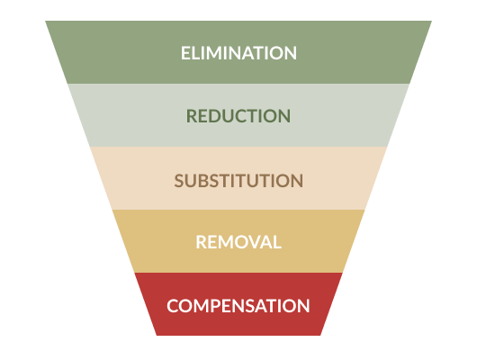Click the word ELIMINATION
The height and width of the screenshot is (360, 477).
(x=238, y=53)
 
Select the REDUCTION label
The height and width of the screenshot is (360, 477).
(x=238, y=116)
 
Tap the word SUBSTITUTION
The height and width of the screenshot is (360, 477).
(x=238, y=181)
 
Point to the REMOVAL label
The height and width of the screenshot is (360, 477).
(x=238, y=242)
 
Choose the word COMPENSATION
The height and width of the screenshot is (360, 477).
(x=238, y=305)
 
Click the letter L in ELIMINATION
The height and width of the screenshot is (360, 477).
(x=195, y=53)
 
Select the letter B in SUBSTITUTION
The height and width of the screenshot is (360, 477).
(x=202, y=181)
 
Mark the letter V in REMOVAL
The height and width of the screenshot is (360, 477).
(x=256, y=242)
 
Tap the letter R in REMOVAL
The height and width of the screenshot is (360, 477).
(x=202, y=242)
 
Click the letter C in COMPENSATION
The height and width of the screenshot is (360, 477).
(x=173, y=305)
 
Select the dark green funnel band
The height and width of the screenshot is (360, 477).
(x=238, y=52)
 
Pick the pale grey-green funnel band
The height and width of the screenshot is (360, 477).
(x=238, y=115)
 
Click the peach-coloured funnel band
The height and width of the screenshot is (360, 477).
(x=238, y=178)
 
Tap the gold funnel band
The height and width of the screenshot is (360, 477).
(x=238, y=241)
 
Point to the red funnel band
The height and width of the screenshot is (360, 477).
(x=238, y=304)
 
